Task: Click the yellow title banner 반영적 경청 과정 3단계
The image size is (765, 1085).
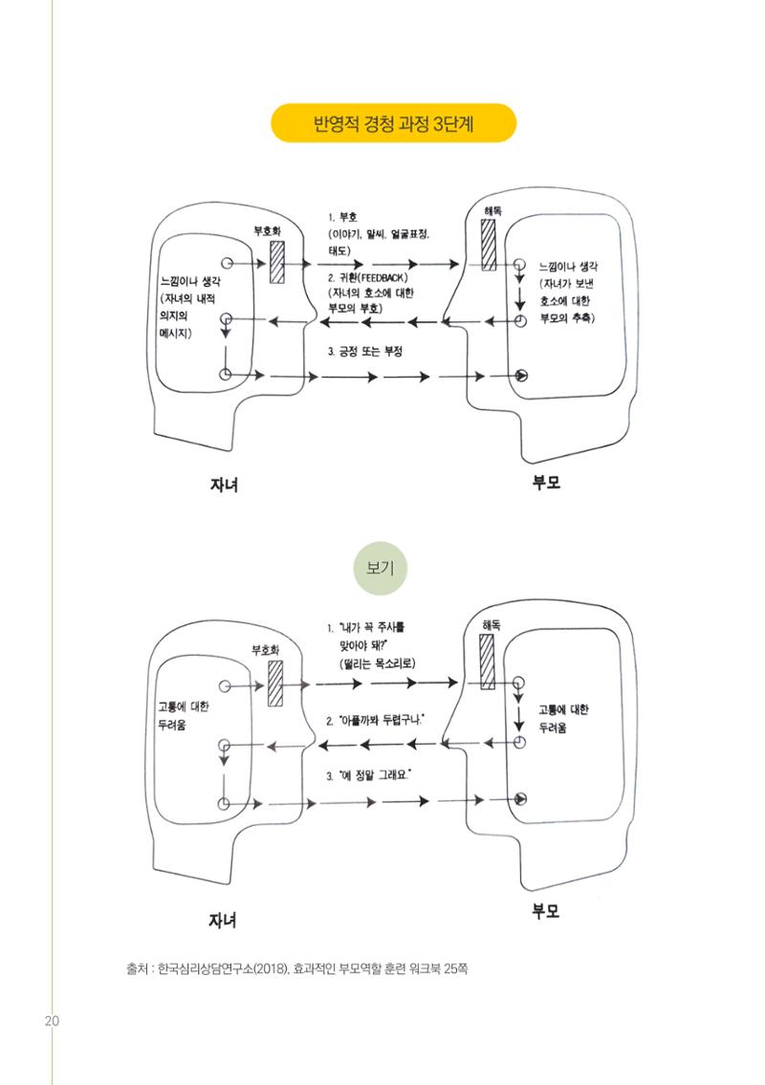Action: (393, 123)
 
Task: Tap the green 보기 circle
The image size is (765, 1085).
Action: (380, 568)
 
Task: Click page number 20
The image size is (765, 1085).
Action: (52, 1021)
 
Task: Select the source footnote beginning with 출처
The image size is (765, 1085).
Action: (296, 968)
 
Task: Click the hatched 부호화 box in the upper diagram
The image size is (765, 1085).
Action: (277, 262)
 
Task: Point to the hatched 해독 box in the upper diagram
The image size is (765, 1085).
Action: (489, 247)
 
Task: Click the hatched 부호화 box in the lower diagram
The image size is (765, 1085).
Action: (275, 683)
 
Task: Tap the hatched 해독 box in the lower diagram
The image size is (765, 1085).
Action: (488, 662)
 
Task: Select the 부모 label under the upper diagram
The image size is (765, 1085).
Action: (545, 483)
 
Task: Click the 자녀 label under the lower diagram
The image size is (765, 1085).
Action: (223, 920)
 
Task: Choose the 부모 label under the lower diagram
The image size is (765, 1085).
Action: (545, 911)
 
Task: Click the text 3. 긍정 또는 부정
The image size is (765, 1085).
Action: (365, 352)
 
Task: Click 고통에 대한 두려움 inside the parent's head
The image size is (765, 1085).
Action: (563, 718)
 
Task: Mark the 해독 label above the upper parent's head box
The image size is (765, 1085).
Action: (492, 211)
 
